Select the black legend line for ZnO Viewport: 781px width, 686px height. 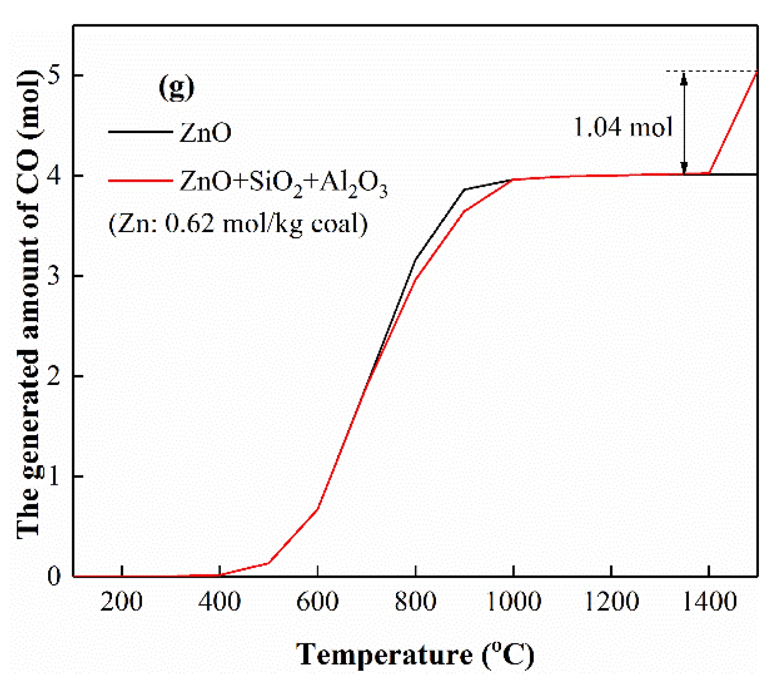(x=140, y=132)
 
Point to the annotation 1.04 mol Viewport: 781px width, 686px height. (x=623, y=127)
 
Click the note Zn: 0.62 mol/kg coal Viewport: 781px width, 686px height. (x=238, y=224)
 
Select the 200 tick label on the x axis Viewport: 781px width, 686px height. (x=121, y=601)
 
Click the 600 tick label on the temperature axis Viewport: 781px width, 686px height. (x=317, y=601)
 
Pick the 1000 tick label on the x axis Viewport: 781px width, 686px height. (x=513, y=601)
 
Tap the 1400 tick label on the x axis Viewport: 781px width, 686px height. (x=709, y=601)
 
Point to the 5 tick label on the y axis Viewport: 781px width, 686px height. (x=54, y=75)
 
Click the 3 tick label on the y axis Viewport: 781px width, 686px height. (x=54, y=276)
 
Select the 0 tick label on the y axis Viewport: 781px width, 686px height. (x=54, y=576)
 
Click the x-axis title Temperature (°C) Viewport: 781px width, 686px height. (x=415, y=655)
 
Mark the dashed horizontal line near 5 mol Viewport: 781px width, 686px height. (x=711, y=71)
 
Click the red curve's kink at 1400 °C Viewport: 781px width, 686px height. (x=709, y=173)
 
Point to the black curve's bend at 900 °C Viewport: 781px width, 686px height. (x=464, y=189)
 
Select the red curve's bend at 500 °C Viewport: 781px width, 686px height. (x=268, y=563)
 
